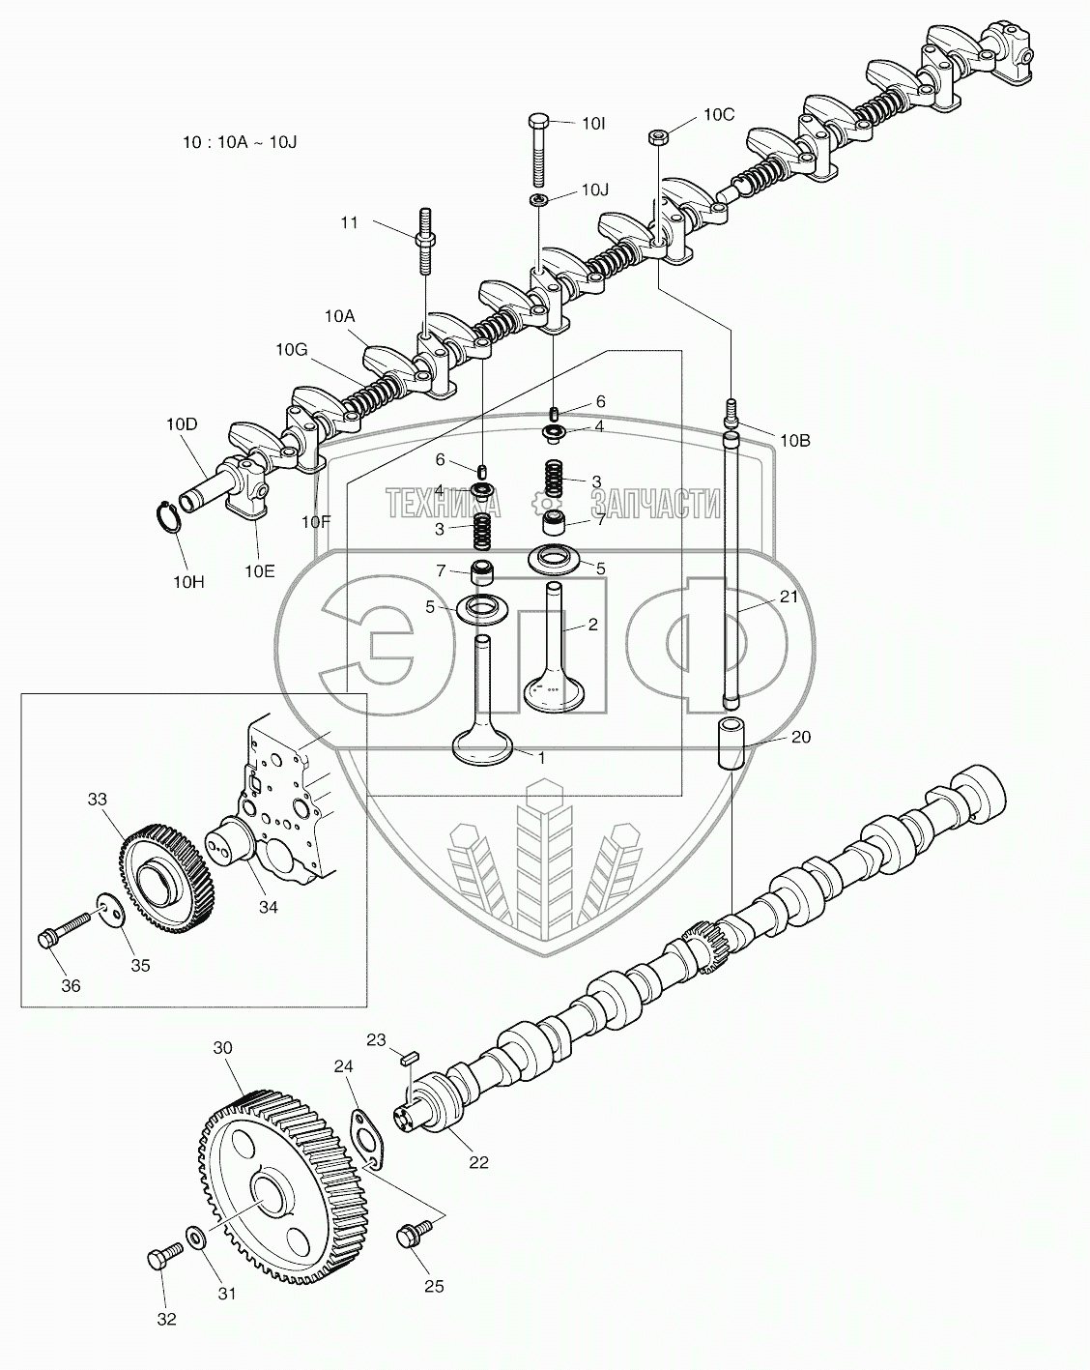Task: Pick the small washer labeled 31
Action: click(194, 1239)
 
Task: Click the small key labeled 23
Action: click(408, 1059)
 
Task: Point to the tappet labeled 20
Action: click(731, 743)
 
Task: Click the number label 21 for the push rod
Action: click(789, 597)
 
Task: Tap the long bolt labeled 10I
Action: click(539, 150)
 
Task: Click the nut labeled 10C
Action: click(654, 134)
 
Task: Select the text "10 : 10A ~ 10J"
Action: click(240, 141)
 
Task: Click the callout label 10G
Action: click(291, 349)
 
